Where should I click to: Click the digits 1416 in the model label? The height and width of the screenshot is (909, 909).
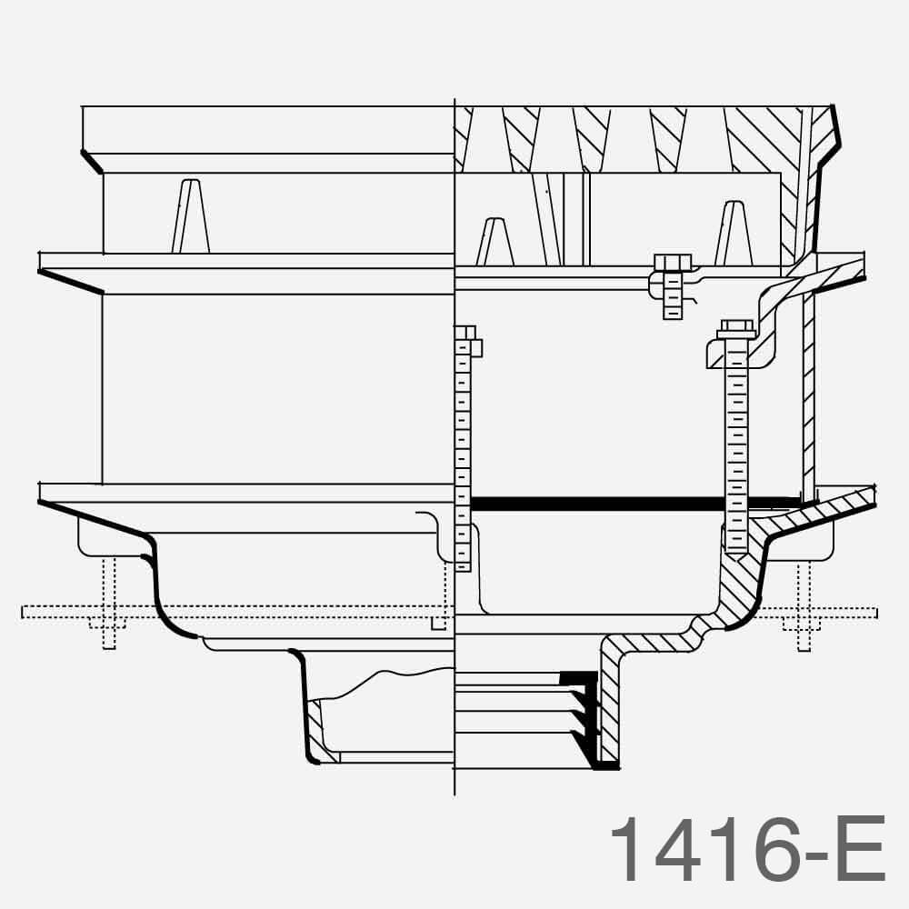(691, 849)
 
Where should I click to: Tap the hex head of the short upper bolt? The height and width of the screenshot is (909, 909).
(673, 264)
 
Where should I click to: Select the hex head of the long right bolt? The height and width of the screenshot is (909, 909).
(736, 328)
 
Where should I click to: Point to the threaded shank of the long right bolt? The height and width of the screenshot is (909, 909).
(736, 436)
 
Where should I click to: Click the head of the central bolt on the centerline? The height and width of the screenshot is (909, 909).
(464, 333)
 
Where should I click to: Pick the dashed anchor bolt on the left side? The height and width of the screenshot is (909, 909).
(108, 604)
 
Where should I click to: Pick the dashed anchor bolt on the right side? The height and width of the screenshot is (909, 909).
(804, 604)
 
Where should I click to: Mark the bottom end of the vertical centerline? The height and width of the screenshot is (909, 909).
(454, 793)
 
